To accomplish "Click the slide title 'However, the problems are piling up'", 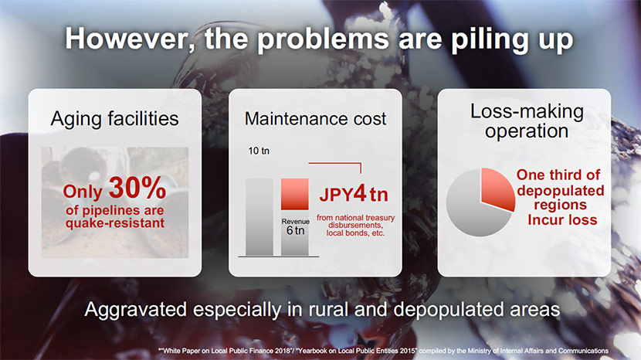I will click(319, 39).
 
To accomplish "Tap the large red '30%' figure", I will click(137, 188).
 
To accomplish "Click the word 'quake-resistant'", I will click(115, 223).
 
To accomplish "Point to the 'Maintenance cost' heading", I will click(315, 119).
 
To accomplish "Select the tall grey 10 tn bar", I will click(259, 216).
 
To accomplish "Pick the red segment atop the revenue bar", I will click(294, 194).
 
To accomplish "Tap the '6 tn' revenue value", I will click(295, 231).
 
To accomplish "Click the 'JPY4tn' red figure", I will click(354, 194).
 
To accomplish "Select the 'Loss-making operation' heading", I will click(527, 121).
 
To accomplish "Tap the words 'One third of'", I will click(558, 175).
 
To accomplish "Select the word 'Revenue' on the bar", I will click(295, 221).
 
